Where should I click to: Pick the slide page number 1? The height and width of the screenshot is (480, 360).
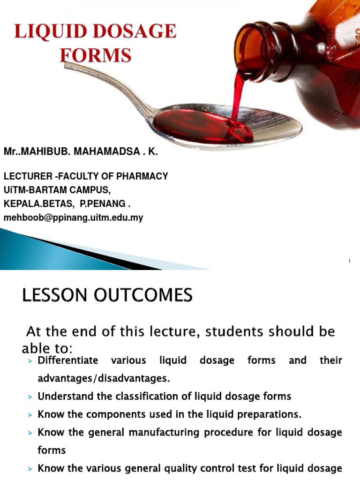[x=349, y=262]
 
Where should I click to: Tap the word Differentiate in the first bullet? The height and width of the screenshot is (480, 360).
[x=68, y=360]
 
